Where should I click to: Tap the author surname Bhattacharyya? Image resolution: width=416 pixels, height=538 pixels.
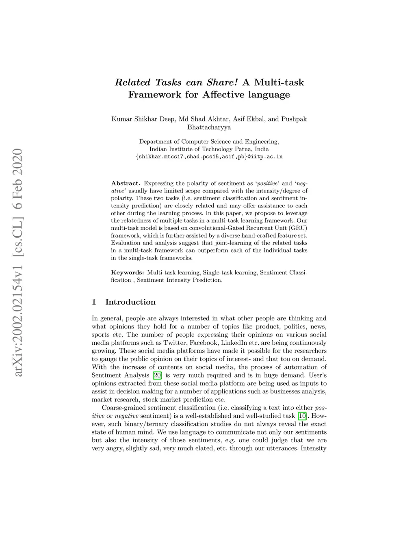pos(209,127)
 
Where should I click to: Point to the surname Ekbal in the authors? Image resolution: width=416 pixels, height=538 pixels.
pos(256,119)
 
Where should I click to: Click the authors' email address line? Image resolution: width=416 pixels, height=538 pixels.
pos(209,156)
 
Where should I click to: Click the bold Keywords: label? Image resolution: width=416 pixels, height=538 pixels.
pos(127,272)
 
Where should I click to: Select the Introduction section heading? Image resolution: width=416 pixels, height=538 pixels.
pos(130,302)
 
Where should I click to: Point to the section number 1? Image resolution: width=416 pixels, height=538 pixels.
pos(94,302)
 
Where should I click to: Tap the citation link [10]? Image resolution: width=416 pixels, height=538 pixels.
pos(302,416)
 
